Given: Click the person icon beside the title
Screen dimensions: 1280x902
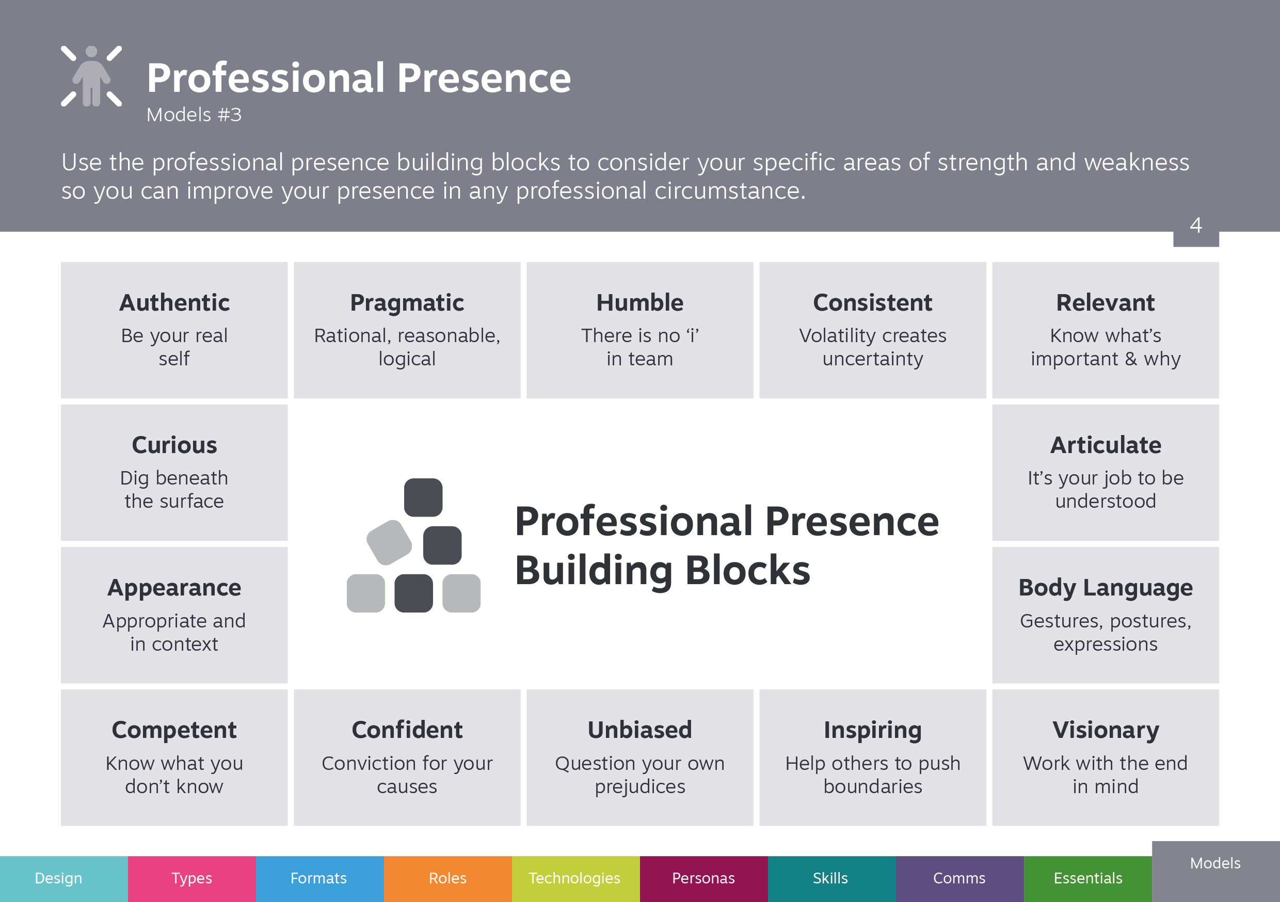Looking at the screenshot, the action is (x=91, y=76).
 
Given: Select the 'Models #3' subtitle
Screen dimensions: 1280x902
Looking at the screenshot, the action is (x=194, y=115).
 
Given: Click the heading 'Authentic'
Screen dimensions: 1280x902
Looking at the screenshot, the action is (x=174, y=303).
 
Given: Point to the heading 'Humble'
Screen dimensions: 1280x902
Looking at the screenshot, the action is (x=640, y=303).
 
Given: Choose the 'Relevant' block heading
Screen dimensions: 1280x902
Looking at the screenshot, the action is (x=1106, y=303).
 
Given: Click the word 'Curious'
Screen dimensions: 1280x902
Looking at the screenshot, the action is (x=174, y=445).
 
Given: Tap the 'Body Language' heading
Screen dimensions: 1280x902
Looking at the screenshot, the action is (x=1106, y=588).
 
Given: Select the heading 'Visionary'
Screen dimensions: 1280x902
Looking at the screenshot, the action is (x=1106, y=731).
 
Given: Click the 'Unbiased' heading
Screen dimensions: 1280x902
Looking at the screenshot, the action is (x=640, y=730).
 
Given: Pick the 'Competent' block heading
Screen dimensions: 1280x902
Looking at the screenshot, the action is (x=174, y=731).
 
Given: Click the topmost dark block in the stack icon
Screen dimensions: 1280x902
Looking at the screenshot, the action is (x=423, y=497).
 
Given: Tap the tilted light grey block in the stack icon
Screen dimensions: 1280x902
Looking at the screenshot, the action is (x=389, y=542).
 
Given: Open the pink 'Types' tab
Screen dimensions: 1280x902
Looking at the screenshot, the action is (x=192, y=879).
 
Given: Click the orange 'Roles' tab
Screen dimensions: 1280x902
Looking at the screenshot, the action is (x=447, y=879).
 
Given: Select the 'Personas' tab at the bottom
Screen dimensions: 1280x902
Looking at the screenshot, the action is (x=703, y=879).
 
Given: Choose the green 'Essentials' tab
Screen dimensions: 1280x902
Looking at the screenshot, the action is (x=1087, y=879).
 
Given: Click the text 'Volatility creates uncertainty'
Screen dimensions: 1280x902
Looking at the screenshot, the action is (x=872, y=347).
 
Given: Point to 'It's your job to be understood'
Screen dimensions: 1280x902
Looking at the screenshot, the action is (x=1106, y=490).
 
